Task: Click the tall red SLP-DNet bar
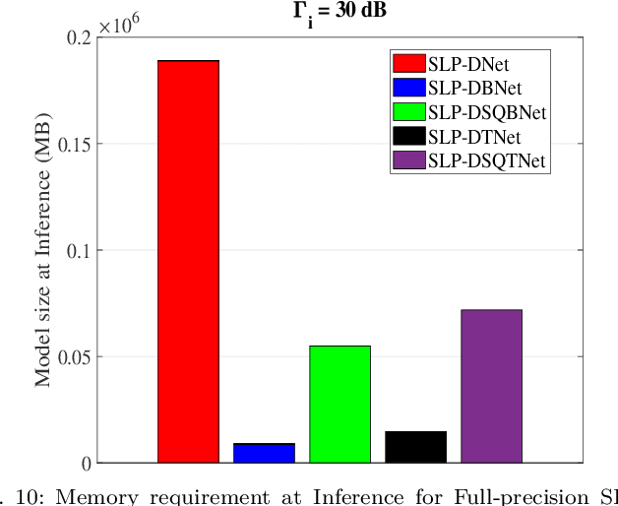[188, 261]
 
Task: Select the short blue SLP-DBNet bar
[264, 453]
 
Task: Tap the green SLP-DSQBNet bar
[340, 404]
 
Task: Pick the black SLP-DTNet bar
[415, 447]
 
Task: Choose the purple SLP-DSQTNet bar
[491, 386]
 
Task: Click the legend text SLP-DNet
[462, 64]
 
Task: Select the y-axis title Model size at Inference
[44, 251]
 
